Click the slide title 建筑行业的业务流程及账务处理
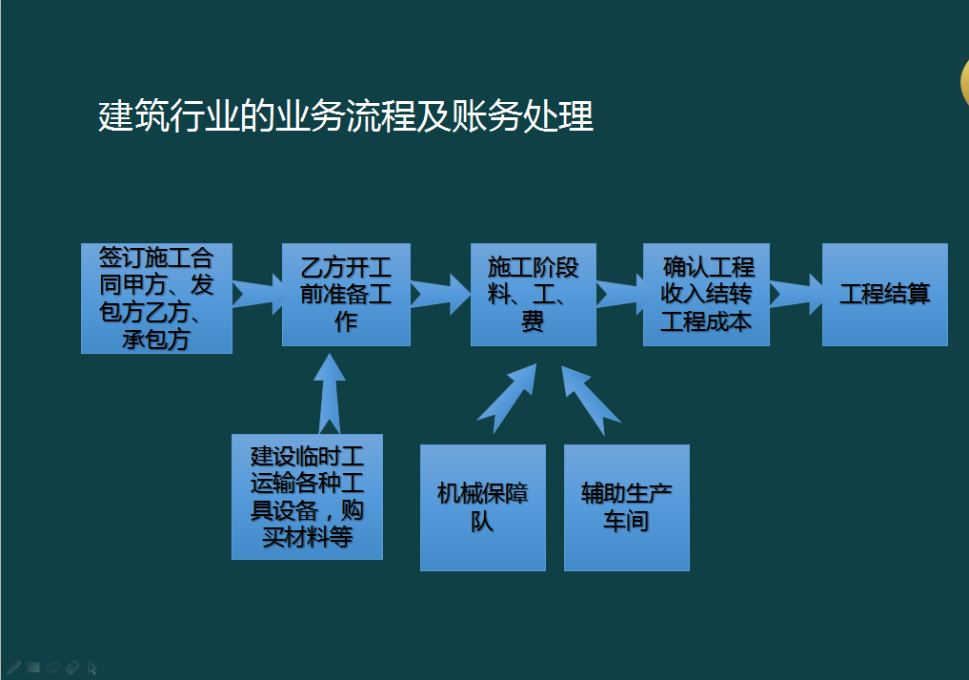tap(346, 116)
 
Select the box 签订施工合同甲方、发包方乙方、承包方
tap(156, 299)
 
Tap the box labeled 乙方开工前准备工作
tap(346, 294)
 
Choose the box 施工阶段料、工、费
tap(533, 294)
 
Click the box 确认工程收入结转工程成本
tap(706, 294)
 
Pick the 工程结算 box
tap(884, 294)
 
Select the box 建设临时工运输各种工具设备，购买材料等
tap(307, 496)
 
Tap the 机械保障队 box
tap(482, 507)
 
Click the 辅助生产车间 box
tap(626, 507)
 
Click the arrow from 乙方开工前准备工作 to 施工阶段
tap(440, 293)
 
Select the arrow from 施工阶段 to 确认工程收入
tap(619, 293)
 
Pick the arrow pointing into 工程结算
tap(796, 293)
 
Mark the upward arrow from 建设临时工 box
tap(329, 393)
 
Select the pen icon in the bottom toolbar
tap(13, 667)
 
